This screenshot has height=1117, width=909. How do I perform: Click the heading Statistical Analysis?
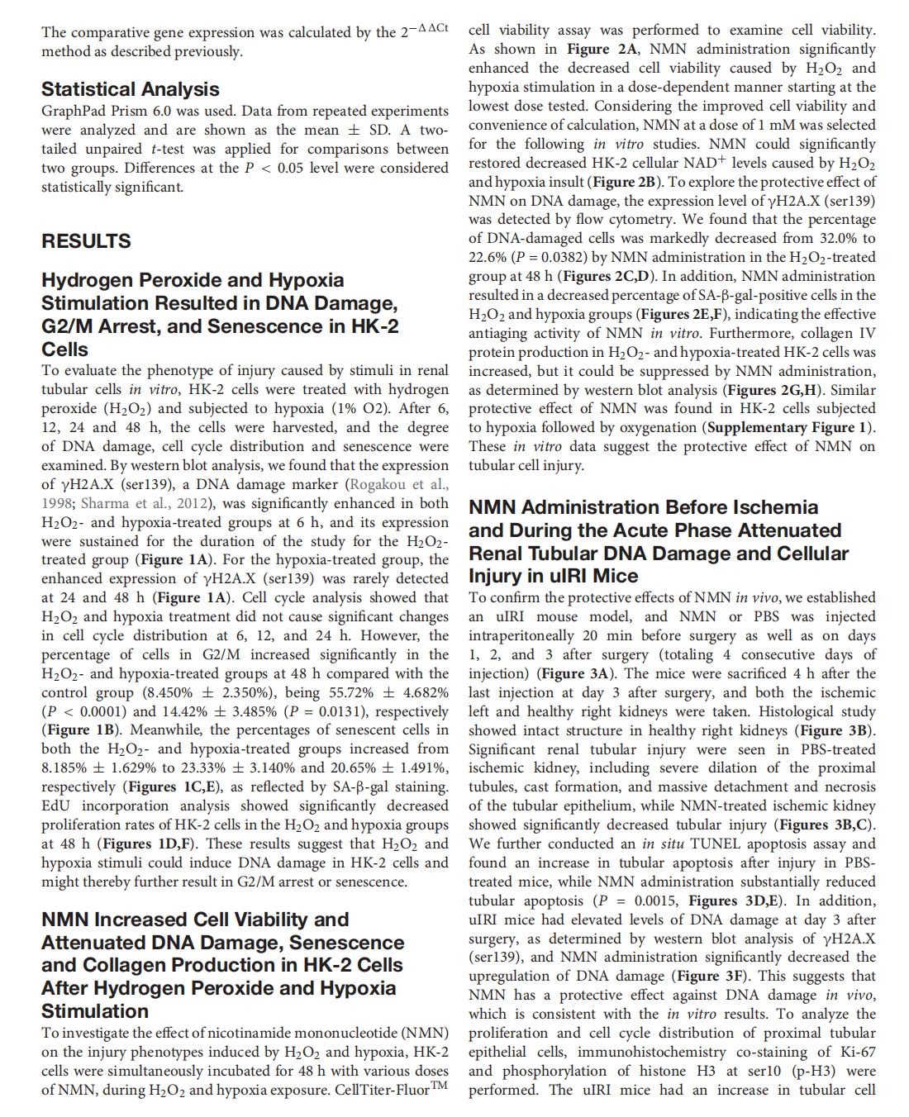click(x=131, y=89)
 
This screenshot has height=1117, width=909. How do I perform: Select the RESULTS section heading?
click(x=86, y=241)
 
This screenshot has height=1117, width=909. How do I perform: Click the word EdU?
click(x=56, y=806)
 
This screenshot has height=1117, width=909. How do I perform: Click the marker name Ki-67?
click(x=859, y=1052)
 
